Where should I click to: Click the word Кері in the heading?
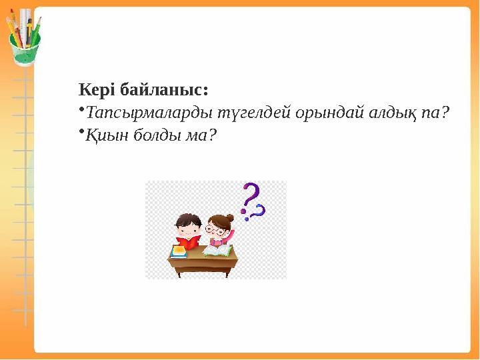pos(95,89)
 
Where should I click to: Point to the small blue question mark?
pos(259,211)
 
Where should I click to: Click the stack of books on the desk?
pos(179,252)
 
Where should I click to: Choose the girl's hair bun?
pos(230,217)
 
